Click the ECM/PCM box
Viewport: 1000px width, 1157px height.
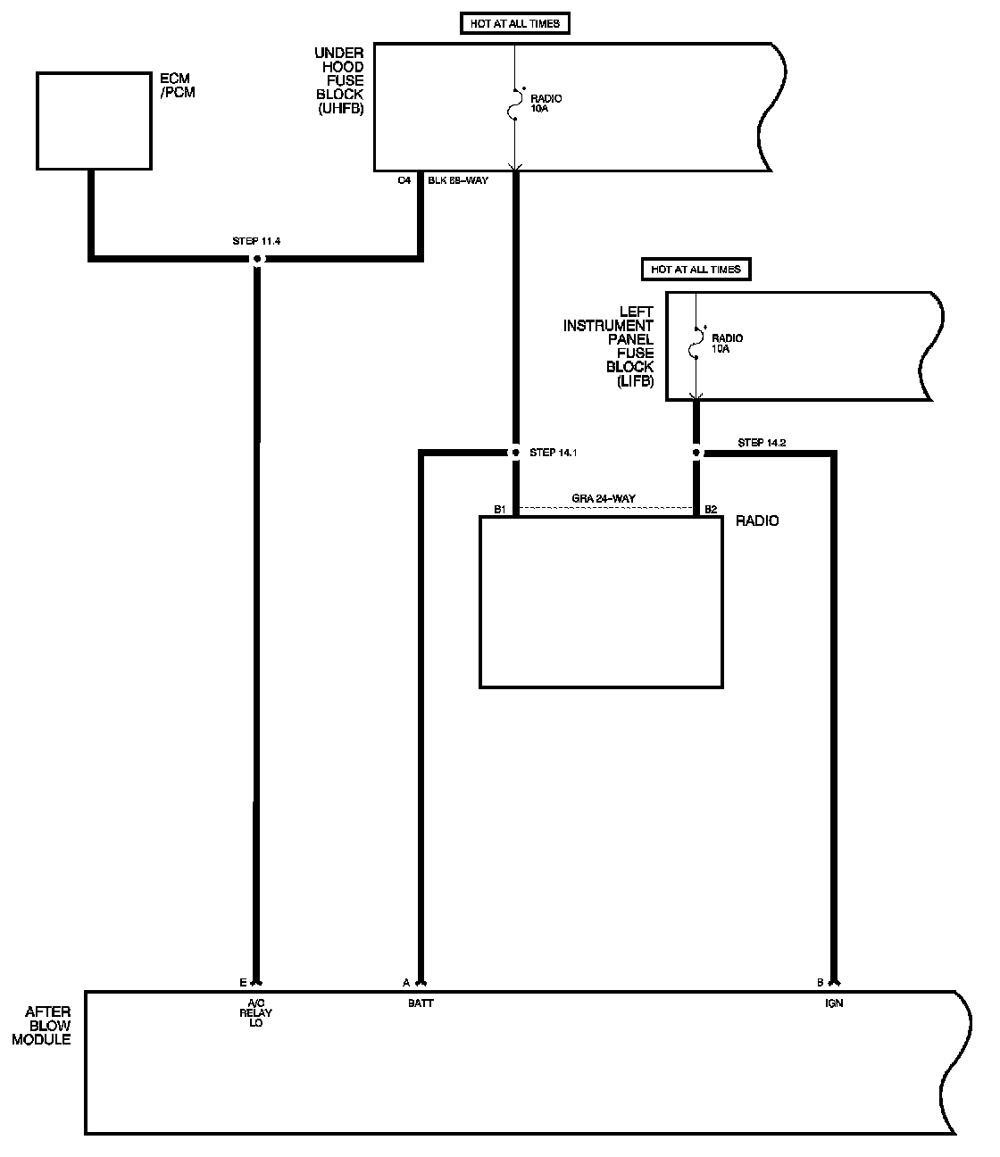94,121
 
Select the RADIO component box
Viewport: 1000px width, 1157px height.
601,602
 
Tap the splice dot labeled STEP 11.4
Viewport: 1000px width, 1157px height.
257,259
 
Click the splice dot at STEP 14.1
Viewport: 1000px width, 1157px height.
514,453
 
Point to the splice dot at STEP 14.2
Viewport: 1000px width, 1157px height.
697,453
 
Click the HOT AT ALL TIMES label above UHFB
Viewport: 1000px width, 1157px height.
515,24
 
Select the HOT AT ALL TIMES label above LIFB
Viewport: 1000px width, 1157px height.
696,269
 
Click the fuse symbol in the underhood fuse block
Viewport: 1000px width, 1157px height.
515,104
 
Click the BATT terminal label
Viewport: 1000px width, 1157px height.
421,1003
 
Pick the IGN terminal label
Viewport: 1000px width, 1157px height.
834,1003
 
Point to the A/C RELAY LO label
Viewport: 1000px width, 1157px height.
256,1013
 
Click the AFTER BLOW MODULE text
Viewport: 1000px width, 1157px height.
48,1026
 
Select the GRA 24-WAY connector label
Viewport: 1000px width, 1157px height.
604,499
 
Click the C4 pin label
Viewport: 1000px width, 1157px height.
404,180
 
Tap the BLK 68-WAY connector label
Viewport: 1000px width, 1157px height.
458,180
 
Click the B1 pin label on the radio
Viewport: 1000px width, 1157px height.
500,510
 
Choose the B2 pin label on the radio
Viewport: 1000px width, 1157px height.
711,510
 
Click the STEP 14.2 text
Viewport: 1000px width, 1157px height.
762,443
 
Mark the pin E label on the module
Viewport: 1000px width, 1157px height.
243,983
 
